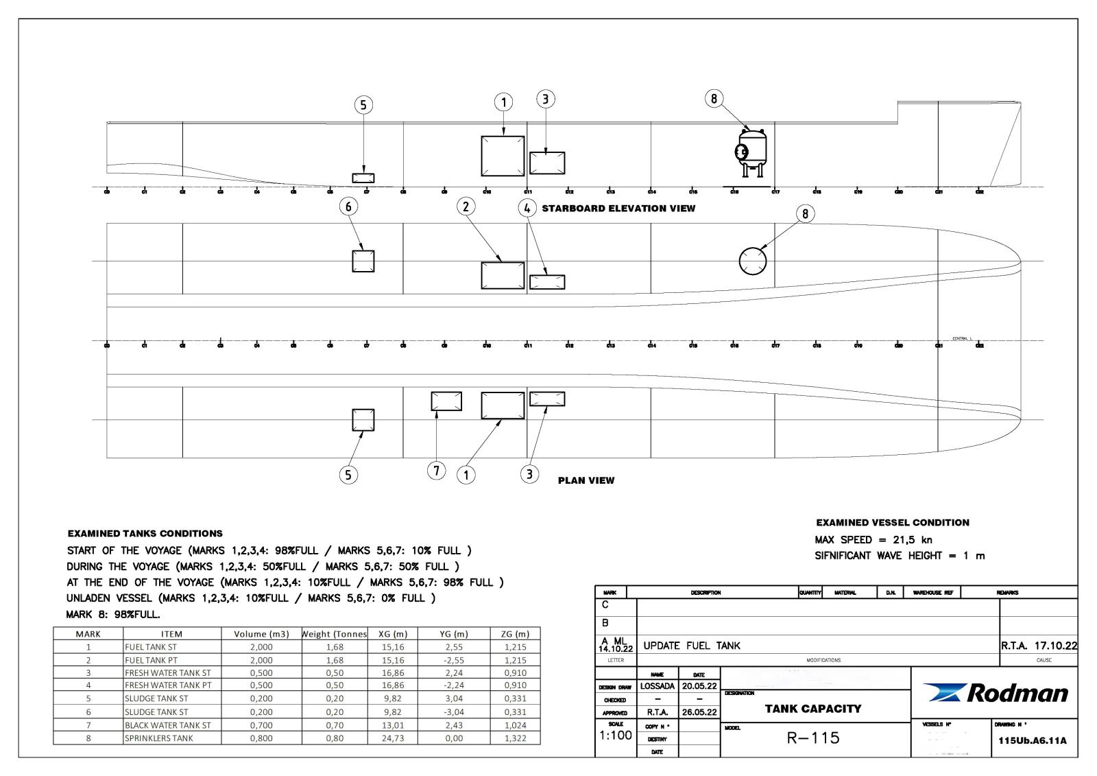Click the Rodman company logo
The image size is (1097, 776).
[996, 693]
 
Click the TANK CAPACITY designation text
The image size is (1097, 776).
[812, 709]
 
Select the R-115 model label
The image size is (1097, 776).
[812, 738]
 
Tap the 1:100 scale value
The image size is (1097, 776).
[615, 736]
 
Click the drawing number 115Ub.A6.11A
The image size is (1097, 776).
[1033, 741]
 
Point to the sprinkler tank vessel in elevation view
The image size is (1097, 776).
[751, 151]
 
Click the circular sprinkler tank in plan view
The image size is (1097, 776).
[752, 261]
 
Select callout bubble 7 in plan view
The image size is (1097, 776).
[436, 471]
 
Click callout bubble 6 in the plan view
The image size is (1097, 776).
[348, 206]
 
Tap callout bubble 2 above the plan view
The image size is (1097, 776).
[466, 206]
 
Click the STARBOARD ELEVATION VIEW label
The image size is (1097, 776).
[618, 209]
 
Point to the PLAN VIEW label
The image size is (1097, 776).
[586, 480]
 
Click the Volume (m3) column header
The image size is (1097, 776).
[261, 634]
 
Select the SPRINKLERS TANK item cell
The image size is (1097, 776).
[159, 738]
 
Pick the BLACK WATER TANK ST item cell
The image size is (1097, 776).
[167, 725]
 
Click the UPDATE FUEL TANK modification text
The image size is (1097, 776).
[692, 646]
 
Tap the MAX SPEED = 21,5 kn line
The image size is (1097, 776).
[873, 540]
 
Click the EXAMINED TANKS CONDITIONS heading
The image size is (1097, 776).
[145, 533]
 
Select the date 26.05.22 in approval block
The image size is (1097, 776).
[699, 712]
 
